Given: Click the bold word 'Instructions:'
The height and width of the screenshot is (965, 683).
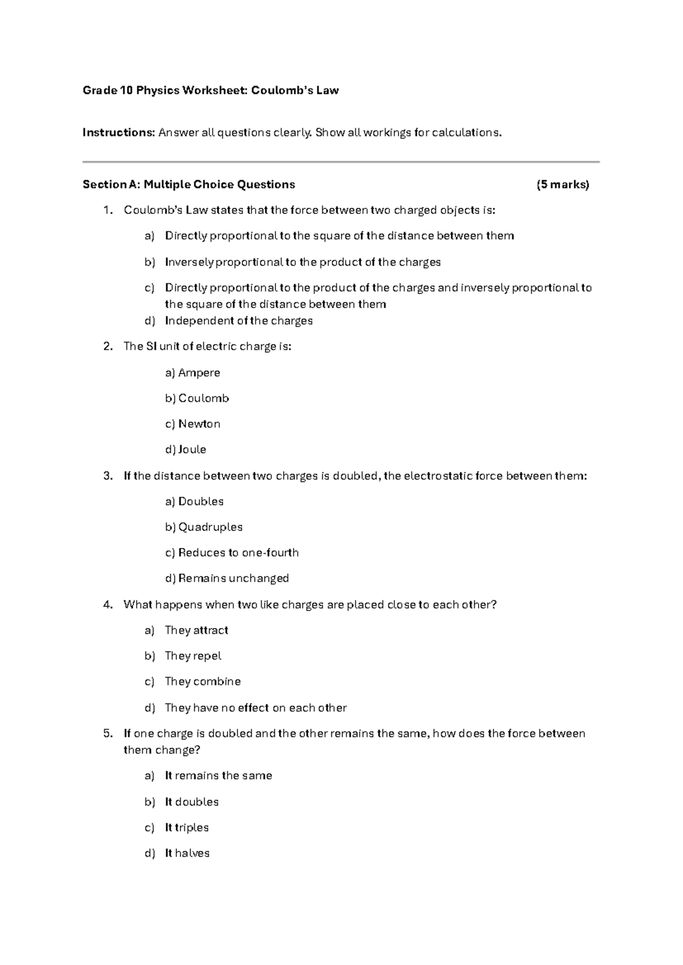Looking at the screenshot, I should click(118, 133).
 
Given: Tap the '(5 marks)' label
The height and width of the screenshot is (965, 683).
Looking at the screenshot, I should click(562, 184).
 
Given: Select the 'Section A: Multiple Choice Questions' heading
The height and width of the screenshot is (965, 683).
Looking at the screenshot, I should click(189, 184).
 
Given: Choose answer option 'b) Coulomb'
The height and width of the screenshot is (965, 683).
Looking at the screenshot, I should click(197, 398).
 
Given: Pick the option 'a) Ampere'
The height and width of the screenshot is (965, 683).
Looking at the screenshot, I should click(192, 373).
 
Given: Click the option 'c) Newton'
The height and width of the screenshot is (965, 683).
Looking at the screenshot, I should click(192, 424).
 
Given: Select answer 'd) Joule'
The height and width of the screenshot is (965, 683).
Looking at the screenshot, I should click(186, 449).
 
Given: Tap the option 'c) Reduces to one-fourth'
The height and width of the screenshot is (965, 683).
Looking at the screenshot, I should click(232, 552).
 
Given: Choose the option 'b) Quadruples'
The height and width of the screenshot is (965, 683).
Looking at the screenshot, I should click(204, 527).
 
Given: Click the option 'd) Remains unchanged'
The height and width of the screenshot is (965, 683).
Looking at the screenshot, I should click(227, 578).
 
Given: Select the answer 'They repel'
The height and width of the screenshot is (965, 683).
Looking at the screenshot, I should click(193, 656).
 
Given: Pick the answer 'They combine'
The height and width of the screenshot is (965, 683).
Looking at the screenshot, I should click(203, 682).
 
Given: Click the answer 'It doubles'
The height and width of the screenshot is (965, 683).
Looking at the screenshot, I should click(192, 802).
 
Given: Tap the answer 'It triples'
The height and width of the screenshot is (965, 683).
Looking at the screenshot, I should click(187, 827).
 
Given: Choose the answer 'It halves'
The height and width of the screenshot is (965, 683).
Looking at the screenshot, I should click(187, 853).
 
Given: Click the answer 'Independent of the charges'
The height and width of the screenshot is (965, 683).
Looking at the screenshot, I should click(238, 321).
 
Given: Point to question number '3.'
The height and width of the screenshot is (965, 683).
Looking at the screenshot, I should click(108, 476).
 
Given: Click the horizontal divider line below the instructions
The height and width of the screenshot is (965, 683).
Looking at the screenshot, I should click(341, 162).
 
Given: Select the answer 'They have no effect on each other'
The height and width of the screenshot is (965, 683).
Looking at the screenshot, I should click(256, 708).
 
